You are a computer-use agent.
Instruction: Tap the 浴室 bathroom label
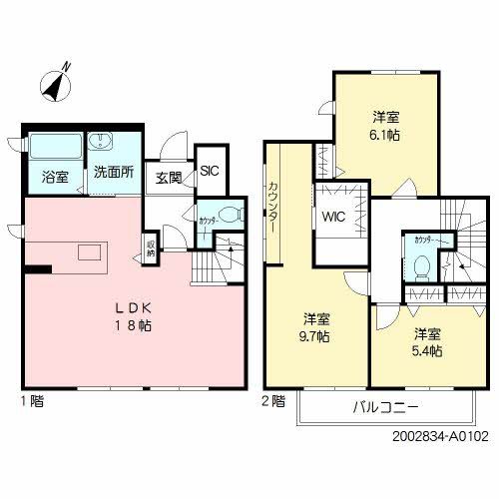[x=55, y=177]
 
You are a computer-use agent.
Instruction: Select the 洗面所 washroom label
[x=113, y=172]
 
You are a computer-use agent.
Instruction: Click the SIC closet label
[x=210, y=171]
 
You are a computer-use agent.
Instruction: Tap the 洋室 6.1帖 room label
[x=387, y=126]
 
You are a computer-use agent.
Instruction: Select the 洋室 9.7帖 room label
[x=317, y=328]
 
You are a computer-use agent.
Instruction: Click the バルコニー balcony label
[x=385, y=408]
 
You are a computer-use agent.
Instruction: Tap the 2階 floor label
[x=273, y=402]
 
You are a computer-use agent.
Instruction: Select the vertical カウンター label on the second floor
[x=272, y=207]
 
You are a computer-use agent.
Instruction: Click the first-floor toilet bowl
[x=231, y=213]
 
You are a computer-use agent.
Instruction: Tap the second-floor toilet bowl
[x=422, y=265]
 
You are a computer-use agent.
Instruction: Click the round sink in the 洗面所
[x=104, y=142]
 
